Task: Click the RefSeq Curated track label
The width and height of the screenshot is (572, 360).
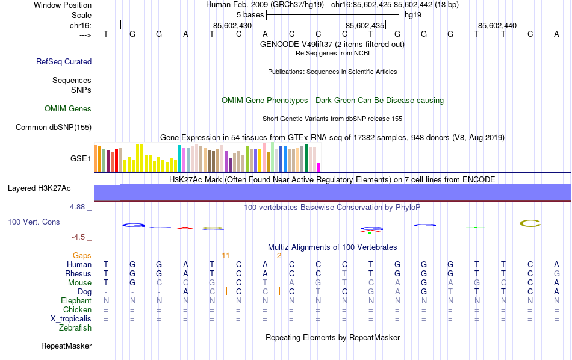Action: click(x=64, y=61)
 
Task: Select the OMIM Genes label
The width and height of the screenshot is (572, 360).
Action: click(x=68, y=109)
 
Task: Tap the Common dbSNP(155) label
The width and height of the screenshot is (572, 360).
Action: click(x=54, y=127)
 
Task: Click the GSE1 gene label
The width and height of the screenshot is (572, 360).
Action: click(x=81, y=159)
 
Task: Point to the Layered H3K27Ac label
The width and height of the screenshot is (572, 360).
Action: click(x=39, y=188)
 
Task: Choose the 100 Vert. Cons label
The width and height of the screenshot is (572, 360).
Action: click(x=34, y=222)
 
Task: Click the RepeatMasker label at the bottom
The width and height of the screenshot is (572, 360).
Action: click(x=66, y=346)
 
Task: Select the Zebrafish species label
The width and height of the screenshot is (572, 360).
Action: click(x=75, y=328)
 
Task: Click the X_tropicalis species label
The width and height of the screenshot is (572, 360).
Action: click(x=67, y=318)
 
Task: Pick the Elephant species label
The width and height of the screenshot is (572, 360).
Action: click(x=76, y=300)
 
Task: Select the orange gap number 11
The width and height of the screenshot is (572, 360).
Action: click(x=226, y=255)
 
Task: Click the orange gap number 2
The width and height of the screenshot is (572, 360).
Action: click(x=279, y=255)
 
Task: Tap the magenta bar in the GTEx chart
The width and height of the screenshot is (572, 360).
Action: click(x=319, y=167)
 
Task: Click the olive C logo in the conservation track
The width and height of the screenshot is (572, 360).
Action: click(x=530, y=223)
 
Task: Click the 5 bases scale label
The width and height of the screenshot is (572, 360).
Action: click(x=250, y=14)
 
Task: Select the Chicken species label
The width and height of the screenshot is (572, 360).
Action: click(x=77, y=309)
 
